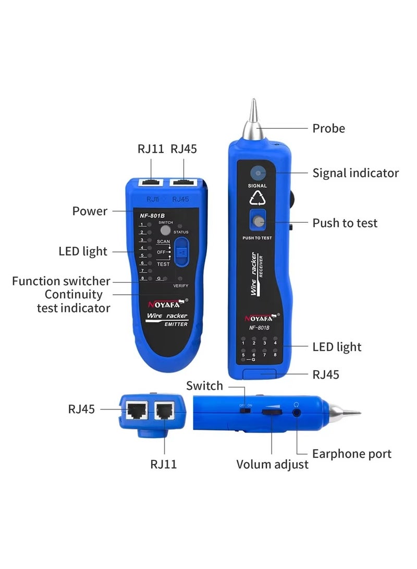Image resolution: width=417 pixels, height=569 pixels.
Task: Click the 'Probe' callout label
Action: click(328, 128)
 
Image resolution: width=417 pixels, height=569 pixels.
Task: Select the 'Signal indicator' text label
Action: click(355, 173)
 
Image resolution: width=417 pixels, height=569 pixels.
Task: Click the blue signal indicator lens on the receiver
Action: click(257, 174)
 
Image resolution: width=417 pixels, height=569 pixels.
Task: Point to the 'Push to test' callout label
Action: click(345, 223)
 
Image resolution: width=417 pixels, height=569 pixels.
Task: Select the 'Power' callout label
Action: click(90, 211)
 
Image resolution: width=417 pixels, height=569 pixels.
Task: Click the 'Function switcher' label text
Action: click(61, 281)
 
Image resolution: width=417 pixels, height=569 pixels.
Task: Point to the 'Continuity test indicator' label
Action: click(73, 301)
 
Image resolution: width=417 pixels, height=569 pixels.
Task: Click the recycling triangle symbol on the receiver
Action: click(257, 198)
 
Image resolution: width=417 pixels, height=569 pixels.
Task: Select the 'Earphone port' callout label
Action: click(351, 454)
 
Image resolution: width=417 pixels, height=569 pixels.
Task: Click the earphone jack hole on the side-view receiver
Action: click(297, 412)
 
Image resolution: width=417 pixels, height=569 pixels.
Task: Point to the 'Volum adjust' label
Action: click(273, 464)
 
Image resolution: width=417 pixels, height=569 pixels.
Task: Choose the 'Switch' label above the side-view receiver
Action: click(204, 386)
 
